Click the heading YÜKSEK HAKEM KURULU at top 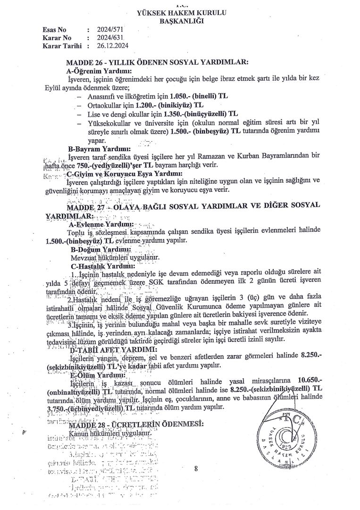(x=180, y=13)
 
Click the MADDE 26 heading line (x=157, y=62)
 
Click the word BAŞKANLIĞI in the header (x=180, y=22)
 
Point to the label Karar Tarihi (x=62, y=46)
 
